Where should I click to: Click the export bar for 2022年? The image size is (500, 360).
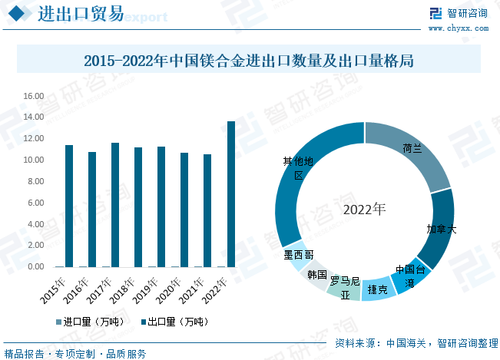click(x=231, y=194)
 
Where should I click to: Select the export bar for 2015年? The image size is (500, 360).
click(x=69, y=206)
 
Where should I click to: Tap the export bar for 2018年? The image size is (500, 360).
click(x=138, y=207)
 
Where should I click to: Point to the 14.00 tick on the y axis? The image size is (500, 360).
click(x=33, y=117)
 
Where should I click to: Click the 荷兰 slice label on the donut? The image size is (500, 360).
click(x=412, y=148)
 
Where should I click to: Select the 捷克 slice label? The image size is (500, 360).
click(x=377, y=289)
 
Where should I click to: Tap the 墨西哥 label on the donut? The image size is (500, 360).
click(x=298, y=255)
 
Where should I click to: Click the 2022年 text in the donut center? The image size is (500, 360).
click(x=365, y=209)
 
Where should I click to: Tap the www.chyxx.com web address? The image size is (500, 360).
click(x=459, y=28)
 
